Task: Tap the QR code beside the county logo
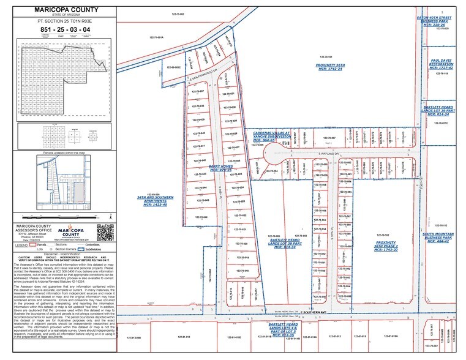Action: [105, 233]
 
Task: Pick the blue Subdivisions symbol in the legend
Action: [81, 249]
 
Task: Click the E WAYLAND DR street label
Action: [328, 154]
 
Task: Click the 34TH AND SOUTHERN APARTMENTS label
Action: [154, 200]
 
